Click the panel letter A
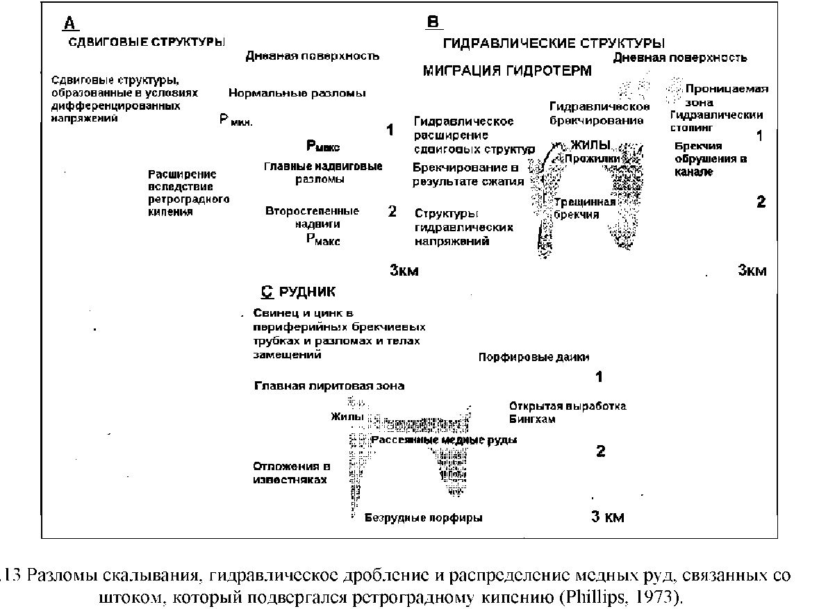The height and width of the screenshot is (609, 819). [69, 24]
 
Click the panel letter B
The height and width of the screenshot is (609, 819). [432, 24]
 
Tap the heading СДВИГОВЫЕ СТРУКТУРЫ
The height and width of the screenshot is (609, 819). [146, 42]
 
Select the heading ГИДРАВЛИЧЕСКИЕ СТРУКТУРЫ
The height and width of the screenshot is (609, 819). [554, 44]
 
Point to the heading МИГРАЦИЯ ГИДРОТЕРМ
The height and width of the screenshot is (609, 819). [507, 71]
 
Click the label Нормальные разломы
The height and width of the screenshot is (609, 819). [297, 93]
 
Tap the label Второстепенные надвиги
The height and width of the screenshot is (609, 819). [312, 217]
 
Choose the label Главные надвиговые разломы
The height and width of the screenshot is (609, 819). [323, 173]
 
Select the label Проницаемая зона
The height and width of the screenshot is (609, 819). [726, 95]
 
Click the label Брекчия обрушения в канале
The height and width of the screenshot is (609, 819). [711, 159]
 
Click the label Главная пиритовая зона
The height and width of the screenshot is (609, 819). [329, 385]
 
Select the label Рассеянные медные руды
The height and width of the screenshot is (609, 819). [445, 440]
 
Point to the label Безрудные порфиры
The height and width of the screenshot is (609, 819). [423, 517]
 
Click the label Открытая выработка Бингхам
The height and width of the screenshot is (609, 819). [567, 412]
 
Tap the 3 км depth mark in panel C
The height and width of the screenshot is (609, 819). [606, 517]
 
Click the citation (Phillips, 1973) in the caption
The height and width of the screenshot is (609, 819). [622, 597]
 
